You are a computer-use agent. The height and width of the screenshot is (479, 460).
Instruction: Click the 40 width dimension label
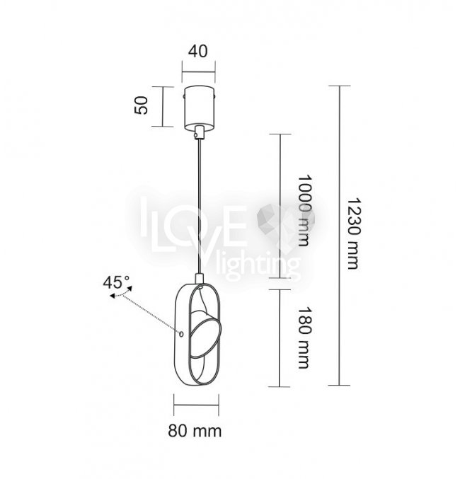coord(197,52)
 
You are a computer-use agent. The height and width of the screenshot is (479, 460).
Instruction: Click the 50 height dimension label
coord(141,105)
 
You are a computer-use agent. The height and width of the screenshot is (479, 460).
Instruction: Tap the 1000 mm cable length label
coord(304,210)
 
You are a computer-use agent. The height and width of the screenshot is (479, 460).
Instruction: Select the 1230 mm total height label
coord(354,233)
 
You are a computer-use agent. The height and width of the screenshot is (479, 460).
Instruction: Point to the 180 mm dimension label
coord(304,337)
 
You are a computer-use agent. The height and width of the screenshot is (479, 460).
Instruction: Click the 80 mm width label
coord(195,431)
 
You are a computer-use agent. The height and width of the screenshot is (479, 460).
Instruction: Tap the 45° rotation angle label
coord(116,282)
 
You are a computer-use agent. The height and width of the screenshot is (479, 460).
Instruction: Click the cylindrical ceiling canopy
coord(200,107)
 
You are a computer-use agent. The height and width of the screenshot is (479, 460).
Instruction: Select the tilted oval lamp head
coord(205,334)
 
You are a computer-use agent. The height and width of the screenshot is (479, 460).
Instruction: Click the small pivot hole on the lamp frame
coord(181,335)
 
